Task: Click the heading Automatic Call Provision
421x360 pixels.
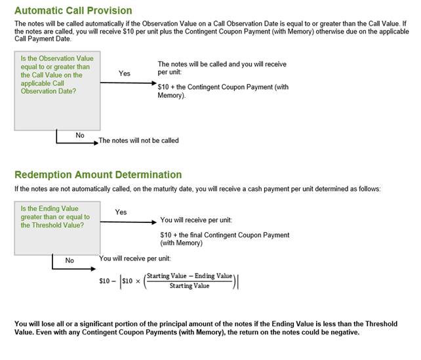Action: point(73,10)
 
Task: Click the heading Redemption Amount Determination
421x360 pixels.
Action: point(98,174)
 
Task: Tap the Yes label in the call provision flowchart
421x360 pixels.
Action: point(125,73)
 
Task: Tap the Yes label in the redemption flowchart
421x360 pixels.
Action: point(121,212)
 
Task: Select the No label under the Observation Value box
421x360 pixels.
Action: point(80,135)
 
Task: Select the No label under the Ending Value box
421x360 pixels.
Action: point(70,260)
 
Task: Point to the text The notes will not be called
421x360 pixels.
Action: point(138,140)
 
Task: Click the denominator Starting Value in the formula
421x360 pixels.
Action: point(190,286)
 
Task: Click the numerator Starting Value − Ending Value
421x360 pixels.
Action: point(190,275)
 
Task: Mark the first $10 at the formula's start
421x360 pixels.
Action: point(104,281)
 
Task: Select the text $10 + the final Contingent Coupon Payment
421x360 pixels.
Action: point(224,235)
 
